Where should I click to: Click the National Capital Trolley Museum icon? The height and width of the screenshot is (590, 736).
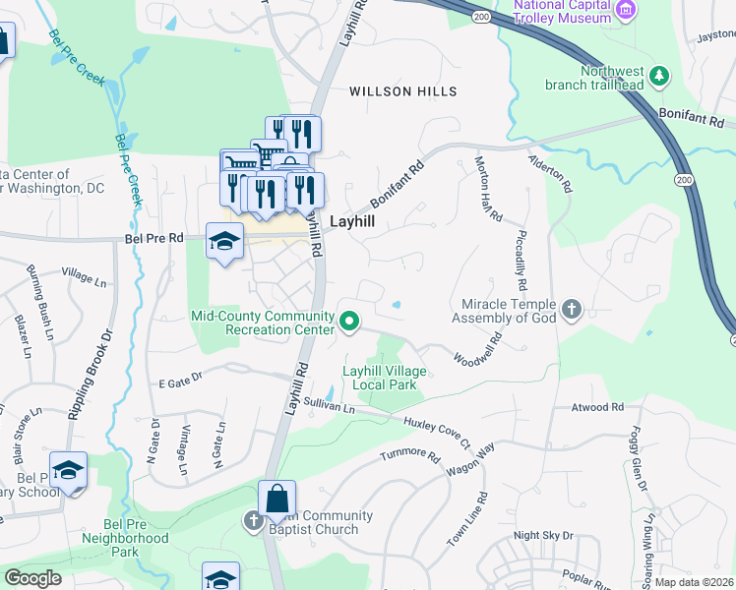[x=625, y=10]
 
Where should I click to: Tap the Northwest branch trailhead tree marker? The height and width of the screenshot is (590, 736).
[x=659, y=76]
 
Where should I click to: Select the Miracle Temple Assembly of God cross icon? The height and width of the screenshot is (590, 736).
[x=572, y=312]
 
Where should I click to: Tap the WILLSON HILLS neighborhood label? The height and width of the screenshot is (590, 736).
[x=403, y=91]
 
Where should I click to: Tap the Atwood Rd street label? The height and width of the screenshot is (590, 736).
[x=598, y=406]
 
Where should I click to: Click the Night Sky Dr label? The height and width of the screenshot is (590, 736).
[x=543, y=535]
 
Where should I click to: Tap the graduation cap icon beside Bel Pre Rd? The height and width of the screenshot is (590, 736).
[x=224, y=240]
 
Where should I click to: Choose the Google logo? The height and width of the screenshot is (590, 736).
[x=33, y=578]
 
